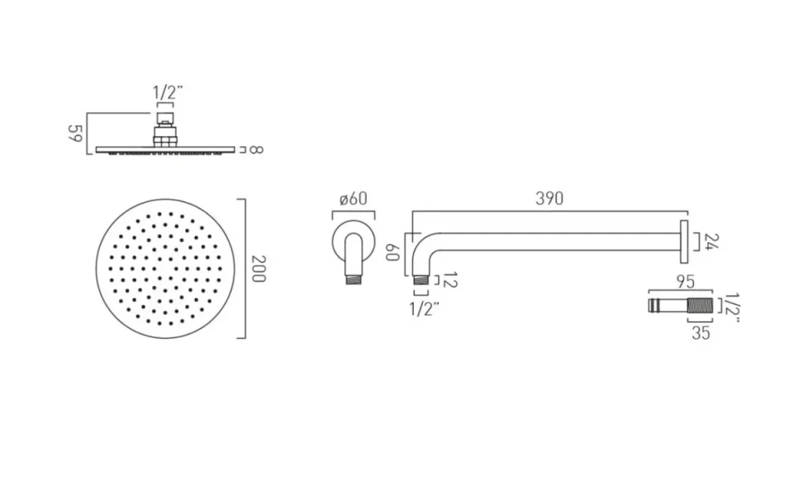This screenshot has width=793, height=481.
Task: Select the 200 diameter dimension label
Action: [x=257, y=268]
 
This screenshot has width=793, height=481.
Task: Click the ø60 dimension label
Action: [x=354, y=198]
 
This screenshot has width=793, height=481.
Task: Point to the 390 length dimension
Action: [x=548, y=198]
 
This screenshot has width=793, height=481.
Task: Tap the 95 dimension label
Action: [x=684, y=281]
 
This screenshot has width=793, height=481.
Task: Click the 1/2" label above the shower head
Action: [x=165, y=93]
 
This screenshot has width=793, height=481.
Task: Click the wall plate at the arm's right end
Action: [x=685, y=240]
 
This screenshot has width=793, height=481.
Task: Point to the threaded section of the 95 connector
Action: [x=699, y=305]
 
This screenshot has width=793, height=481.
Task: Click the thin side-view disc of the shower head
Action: [x=165, y=150]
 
